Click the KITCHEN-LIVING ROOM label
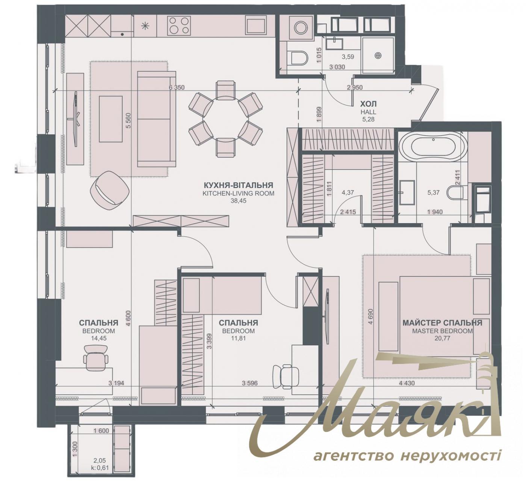point(238,194)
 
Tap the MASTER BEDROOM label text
point(442,331)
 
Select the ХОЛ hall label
point(368,104)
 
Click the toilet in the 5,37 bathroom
point(456,193)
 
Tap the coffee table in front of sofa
point(110,119)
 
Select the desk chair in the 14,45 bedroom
point(96,359)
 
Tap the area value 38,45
point(238,201)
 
